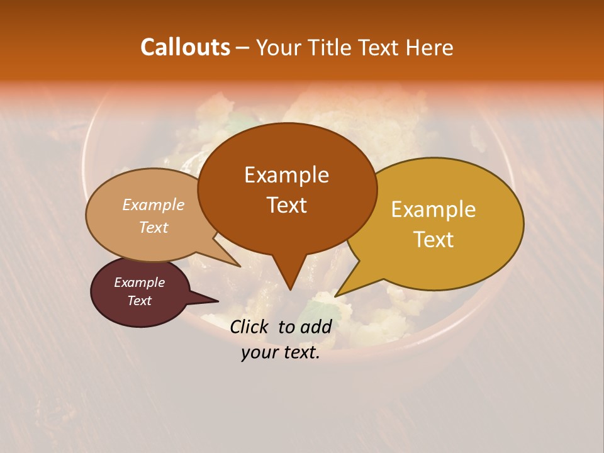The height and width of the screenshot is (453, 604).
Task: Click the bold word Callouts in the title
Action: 185,47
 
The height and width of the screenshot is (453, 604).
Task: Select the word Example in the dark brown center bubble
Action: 286,175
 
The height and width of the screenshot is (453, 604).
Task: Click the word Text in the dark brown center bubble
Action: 286,205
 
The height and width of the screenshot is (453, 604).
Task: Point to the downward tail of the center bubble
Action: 289,277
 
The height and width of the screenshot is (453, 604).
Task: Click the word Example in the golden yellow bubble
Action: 433,210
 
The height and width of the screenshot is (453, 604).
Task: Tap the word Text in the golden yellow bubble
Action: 433,240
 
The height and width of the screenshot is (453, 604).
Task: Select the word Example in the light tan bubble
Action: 153,204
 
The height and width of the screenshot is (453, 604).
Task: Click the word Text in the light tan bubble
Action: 153,227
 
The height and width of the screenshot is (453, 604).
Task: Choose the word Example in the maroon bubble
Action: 139,282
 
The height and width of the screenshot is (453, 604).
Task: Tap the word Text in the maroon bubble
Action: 139,301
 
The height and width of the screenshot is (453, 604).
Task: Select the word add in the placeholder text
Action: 315,327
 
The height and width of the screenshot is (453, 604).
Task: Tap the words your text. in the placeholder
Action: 281,353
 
